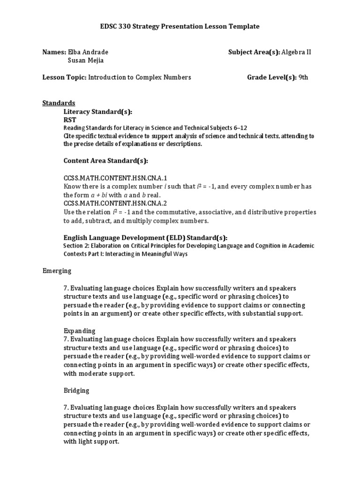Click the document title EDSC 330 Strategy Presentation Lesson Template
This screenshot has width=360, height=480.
180,27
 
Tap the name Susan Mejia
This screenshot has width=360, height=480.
86,60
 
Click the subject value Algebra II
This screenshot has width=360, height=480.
297,52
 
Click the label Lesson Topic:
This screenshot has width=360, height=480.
64,77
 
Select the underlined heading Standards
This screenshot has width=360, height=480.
59,103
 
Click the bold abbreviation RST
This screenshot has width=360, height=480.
70,120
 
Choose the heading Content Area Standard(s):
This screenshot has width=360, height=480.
105,161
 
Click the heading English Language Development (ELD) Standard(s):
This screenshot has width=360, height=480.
145,237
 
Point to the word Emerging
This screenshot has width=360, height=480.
57,270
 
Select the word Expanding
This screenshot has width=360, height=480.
79,330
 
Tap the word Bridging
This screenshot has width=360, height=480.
76,390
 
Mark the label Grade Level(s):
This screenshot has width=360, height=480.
272,77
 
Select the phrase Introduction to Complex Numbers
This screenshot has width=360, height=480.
140,77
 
